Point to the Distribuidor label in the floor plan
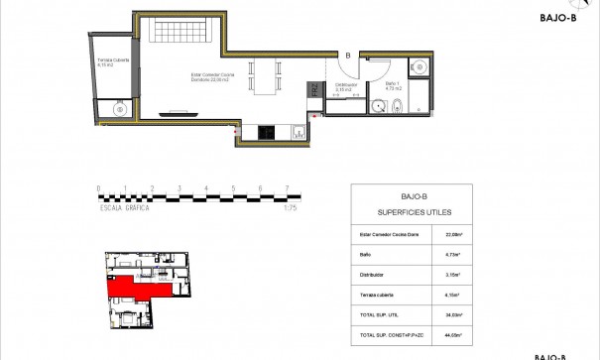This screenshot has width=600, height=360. point(346,87)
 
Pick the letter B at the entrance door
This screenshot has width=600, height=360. point(348,56)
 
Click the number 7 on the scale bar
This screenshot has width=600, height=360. point(287,187)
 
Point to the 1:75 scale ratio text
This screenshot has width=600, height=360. point(290,208)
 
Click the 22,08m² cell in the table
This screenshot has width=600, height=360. point(455,235)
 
